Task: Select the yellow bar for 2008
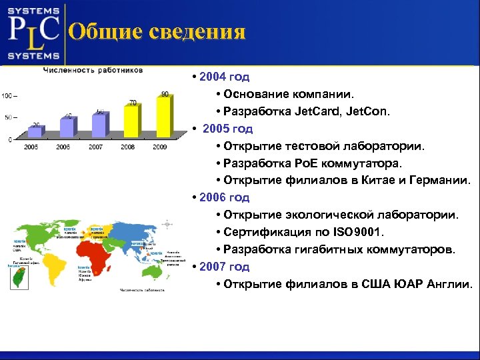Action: [131, 123]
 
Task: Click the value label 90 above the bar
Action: [165, 94]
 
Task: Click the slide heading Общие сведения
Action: [157, 31]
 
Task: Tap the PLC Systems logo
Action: [33, 31]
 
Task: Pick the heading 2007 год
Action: [224, 267]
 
